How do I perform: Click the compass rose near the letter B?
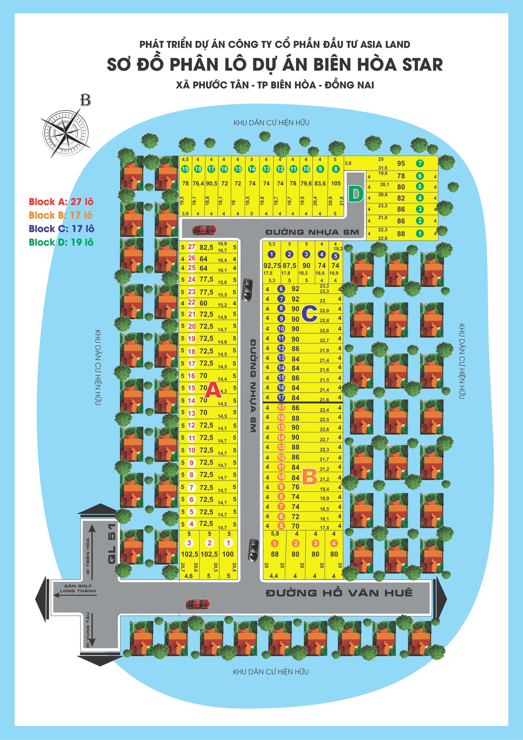point(65,133)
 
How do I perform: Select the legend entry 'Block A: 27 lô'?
point(61,202)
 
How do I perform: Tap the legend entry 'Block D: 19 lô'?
point(61,242)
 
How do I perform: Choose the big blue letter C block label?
point(309,314)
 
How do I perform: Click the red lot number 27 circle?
point(192,247)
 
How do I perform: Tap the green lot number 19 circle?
point(185,169)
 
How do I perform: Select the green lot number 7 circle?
point(420,163)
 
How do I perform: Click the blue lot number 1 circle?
point(271,254)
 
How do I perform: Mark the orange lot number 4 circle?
point(334,543)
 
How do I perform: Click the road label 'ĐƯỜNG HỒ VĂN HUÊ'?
point(339,593)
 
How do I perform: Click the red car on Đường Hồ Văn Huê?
point(198,604)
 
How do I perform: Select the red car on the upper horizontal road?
point(204,230)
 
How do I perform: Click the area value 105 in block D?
point(336,183)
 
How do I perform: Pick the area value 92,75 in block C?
point(272,266)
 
